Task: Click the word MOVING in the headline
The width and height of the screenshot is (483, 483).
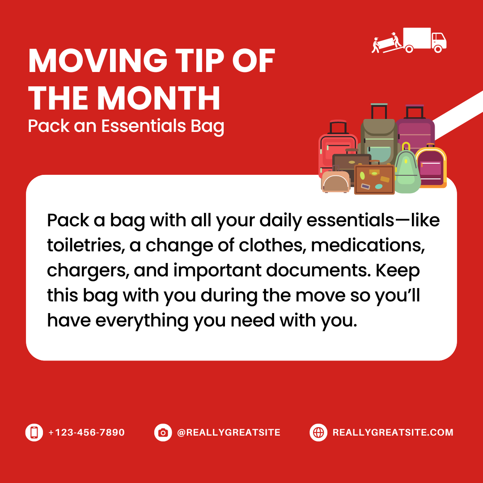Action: click(x=97, y=61)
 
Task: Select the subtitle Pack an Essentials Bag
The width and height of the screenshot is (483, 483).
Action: click(x=126, y=126)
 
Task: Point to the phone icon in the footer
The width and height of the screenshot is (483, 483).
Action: click(x=34, y=432)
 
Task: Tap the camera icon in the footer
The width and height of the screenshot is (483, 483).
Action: click(x=163, y=432)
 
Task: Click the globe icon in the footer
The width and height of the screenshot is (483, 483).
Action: click(x=318, y=432)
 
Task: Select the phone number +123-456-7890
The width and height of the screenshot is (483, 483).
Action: click(x=87, y=432)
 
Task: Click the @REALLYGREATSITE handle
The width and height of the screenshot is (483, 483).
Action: click(x=229, y=432)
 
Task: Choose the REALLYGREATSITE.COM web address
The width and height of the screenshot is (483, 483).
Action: click(x=393, y=432)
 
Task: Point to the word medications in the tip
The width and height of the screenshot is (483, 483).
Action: click(x=368, y=246)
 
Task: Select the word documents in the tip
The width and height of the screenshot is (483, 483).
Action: click(x=318, y=271)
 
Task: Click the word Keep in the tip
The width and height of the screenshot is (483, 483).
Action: click(x=398, y=271)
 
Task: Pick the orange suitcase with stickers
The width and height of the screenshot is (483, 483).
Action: click(x=374, y=179)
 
